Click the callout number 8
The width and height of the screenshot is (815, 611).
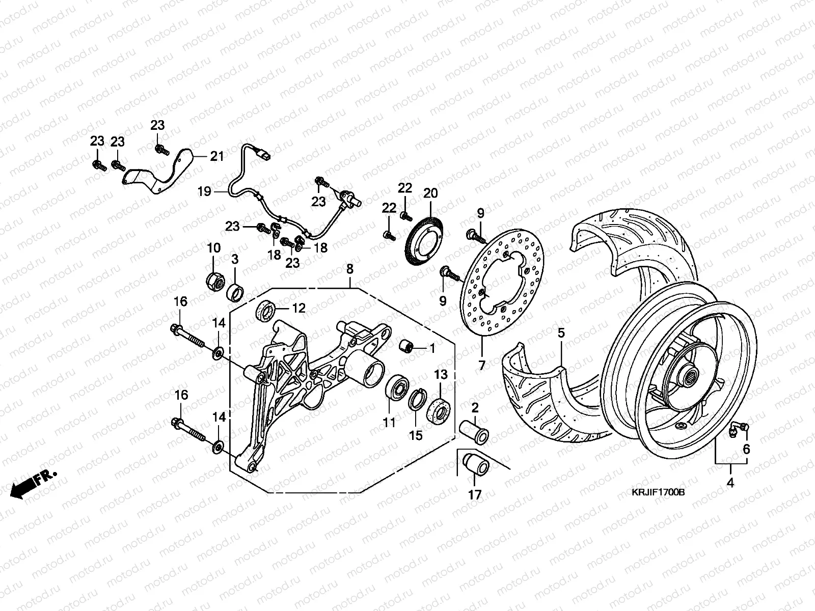click(349, 269)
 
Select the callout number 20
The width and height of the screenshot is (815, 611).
click(430, 193)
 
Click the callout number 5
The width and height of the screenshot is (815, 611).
click(561, 334)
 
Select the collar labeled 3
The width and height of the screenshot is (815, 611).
click(235, 293)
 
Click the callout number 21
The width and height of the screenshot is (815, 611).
click(217, 156)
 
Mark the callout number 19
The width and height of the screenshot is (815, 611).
click(204, 192)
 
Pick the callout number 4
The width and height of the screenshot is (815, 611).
click(730, 483)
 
